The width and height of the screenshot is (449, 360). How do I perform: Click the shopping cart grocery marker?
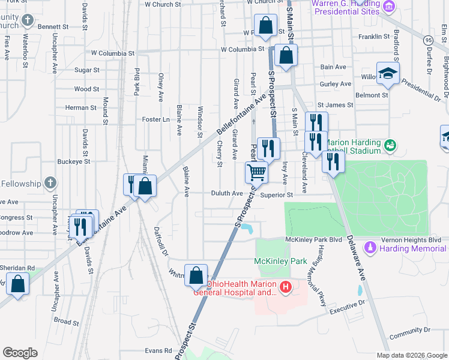point(256,173)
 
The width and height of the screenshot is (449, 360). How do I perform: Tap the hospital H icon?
point(285,287)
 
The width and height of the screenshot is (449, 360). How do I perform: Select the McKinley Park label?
point(280,261)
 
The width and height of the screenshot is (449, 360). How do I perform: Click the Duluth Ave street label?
point(226,194)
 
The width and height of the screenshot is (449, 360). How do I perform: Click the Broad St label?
point(67,321)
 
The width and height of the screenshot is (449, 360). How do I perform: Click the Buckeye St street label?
point(74,161)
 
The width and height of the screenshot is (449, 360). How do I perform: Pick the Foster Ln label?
point(156,119)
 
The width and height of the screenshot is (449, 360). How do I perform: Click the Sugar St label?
point(87,70)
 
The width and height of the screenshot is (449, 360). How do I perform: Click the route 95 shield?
point(427,40)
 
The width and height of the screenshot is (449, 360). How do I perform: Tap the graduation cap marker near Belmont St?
point(388,74)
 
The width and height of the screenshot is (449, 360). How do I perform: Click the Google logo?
point(20,353)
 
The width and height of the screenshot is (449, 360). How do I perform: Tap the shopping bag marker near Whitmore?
point(196,276)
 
